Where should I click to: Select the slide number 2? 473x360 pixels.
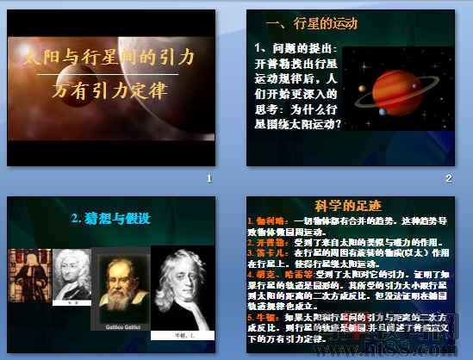click(x=449, y=178)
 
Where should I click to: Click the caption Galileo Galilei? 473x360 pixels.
click(x=120, y=328)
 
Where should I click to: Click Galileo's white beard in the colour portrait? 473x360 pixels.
click(x=121, y=307)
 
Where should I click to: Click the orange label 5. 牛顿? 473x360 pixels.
click(x=259, y=318)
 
